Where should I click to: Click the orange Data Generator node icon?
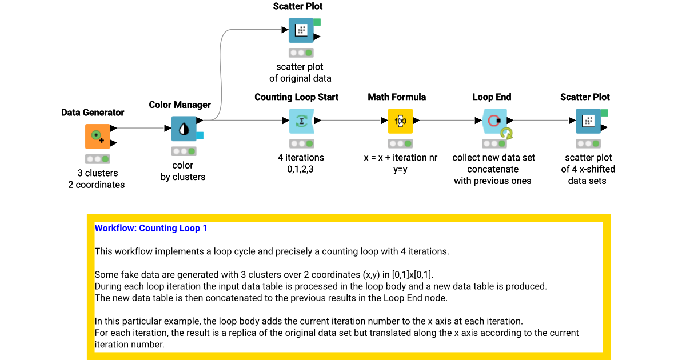(97, 135)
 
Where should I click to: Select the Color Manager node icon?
(184, 129)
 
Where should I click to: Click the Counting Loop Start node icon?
(301, 121)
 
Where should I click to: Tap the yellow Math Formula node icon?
(400, 121)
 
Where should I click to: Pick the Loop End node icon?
(494, 121)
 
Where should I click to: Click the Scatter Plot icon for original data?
(301, 30)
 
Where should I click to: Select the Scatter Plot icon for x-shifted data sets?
(588, 121)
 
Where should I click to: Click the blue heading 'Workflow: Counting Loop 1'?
(151, 228)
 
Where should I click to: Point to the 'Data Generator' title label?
(93, 113)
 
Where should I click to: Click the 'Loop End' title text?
(492, 97)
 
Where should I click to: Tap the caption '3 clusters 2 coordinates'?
(97, 179)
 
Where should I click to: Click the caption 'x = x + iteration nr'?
(400, 157)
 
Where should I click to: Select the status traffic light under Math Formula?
(400, 143)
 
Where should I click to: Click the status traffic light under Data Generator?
(97, 159)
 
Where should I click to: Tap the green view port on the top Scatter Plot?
(317, 22)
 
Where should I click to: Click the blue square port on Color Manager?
(200, 135)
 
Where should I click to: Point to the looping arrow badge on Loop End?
(506, 133)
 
